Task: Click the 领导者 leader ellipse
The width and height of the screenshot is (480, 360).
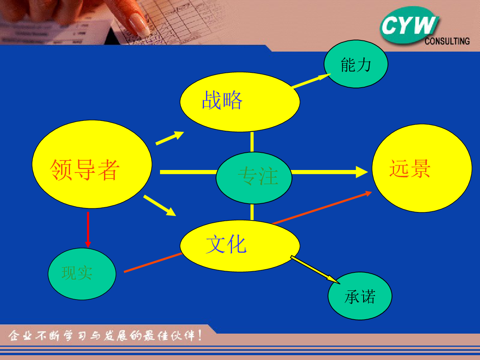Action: [x=92, y=164]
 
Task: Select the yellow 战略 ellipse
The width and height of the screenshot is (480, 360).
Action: [x=240, y=102]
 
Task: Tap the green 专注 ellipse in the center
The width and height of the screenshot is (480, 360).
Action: [x=254, y=178]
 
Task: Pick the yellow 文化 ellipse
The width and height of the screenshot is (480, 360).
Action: [x=240, y=246]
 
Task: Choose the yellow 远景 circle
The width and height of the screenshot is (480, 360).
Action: [x=422, y=168]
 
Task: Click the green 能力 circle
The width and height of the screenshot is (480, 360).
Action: [x=356, y=64]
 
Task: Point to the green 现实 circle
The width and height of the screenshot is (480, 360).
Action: [x=82, y=274]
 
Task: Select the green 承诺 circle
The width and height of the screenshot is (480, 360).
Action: [x=360, y=296]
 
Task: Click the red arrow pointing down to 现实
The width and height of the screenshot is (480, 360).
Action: [x=88, y=230]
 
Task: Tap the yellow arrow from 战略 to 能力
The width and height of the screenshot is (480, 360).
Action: [x=311, y=81]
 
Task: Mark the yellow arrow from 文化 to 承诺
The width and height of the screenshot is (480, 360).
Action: [x=315, y=270]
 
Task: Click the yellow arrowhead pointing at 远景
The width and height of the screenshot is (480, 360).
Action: [x=362, y=172]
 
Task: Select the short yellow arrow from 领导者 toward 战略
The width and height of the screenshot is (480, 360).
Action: [x=170, y=138]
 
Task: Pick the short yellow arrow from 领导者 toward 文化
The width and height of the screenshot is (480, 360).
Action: [x=160, y=206]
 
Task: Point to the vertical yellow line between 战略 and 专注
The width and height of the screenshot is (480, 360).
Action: [x=252, y=142]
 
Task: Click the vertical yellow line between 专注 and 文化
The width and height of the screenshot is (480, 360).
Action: [x=252, y=212]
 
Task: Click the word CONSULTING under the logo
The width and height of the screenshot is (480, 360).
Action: [x=447, y=41]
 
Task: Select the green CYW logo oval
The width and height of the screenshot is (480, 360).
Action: [x=409, y=25]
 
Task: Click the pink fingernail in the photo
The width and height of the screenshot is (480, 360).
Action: [x=139, y=26]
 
